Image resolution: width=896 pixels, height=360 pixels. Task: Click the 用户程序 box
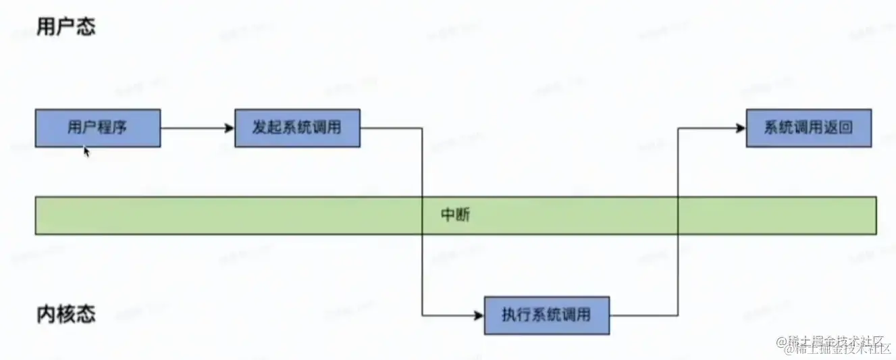(x=97, y=128)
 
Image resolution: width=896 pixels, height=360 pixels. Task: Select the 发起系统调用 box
(x=297, y=128)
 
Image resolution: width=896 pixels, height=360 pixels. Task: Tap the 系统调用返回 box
(x=808, y=128)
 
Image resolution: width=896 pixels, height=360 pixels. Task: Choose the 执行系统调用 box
(x=546, y=315)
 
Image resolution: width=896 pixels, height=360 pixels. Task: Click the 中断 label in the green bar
(x=456, y=215)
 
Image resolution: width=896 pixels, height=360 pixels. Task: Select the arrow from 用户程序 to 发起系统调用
(x=196, y=128)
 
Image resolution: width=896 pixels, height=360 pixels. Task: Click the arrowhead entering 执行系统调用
(x=480, y=315)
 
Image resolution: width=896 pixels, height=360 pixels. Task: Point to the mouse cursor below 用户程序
(x=86, y=151)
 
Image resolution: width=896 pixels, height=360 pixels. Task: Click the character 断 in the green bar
(x=463, y=215)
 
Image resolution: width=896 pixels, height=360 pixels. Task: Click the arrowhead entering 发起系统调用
(x=230, y=128)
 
